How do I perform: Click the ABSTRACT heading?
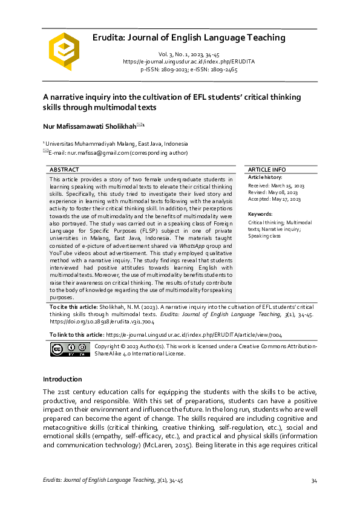pos(65,170)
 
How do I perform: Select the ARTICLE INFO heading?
pos(267,170)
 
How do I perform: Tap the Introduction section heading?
pos(62,379)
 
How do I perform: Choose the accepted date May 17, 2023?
pos(288,198)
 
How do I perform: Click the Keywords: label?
pos(260,214)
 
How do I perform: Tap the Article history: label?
pos(265,177)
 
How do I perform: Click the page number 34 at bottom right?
pos(314,481)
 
